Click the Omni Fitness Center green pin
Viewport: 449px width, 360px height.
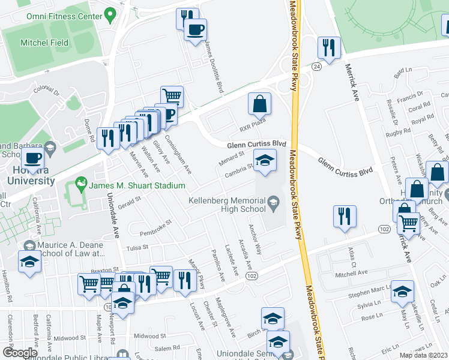coord(110,14)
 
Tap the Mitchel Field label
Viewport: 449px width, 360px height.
coord(44,43)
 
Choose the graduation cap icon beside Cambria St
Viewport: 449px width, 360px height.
coord(264,160)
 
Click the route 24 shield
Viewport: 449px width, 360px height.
coord(316,68)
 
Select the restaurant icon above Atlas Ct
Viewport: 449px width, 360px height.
coord(345,217)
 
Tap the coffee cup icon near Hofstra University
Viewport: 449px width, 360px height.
coord(32,160)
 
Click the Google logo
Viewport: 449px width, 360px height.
coord(20,353)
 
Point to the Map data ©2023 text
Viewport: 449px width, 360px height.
coord(424,355)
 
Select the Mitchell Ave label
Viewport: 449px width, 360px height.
coord(351,272)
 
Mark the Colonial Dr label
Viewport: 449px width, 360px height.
coord(47,90)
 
